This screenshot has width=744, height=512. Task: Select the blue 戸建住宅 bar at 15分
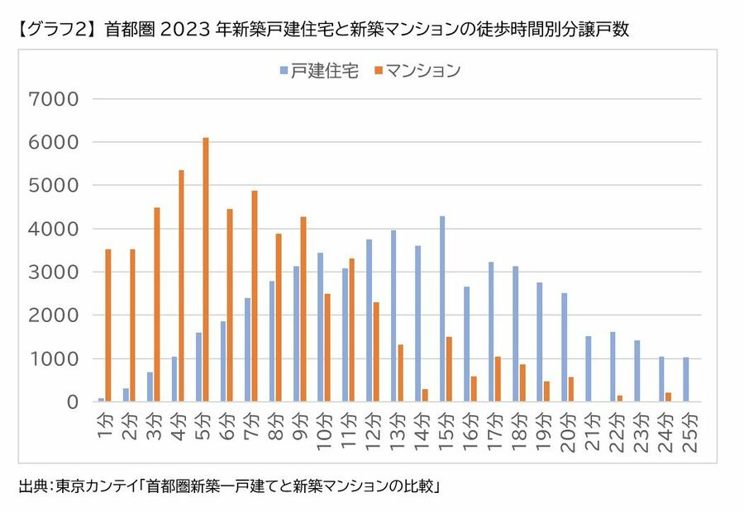click(x=442, y=310)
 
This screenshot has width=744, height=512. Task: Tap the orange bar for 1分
click(x=108, y=325)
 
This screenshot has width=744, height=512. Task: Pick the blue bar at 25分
click(x=686, y=380)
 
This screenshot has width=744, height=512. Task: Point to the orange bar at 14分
click(x=425, y=396)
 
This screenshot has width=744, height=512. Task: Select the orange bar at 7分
click(x=255, y=296)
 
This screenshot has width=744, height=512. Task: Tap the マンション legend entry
click(x=417, y=70)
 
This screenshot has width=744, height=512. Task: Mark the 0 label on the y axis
click(x=72, y=402)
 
